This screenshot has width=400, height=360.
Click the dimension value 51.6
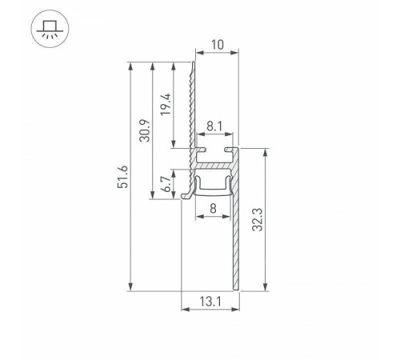[122, 178]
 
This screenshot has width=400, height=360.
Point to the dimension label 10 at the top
[216, 46]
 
